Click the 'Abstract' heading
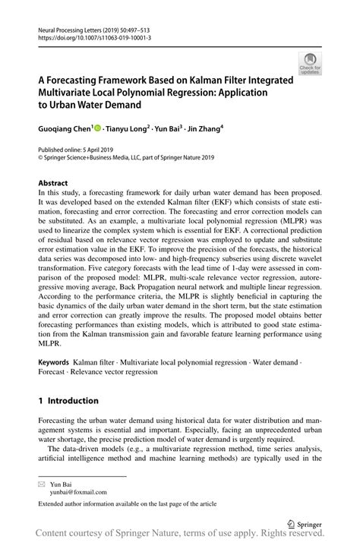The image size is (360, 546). (53, 183)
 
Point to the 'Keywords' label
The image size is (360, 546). (55, 363)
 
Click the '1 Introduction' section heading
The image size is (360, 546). (68, 400)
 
